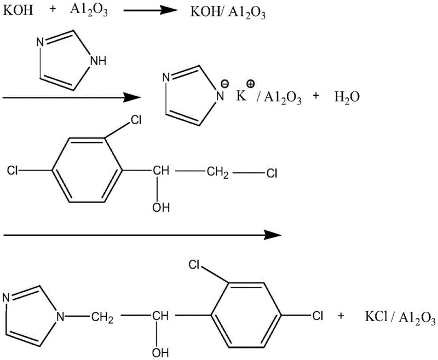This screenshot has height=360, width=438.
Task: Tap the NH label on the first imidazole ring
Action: point(99,62)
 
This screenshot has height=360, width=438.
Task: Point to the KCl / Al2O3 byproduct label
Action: point(398,318)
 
